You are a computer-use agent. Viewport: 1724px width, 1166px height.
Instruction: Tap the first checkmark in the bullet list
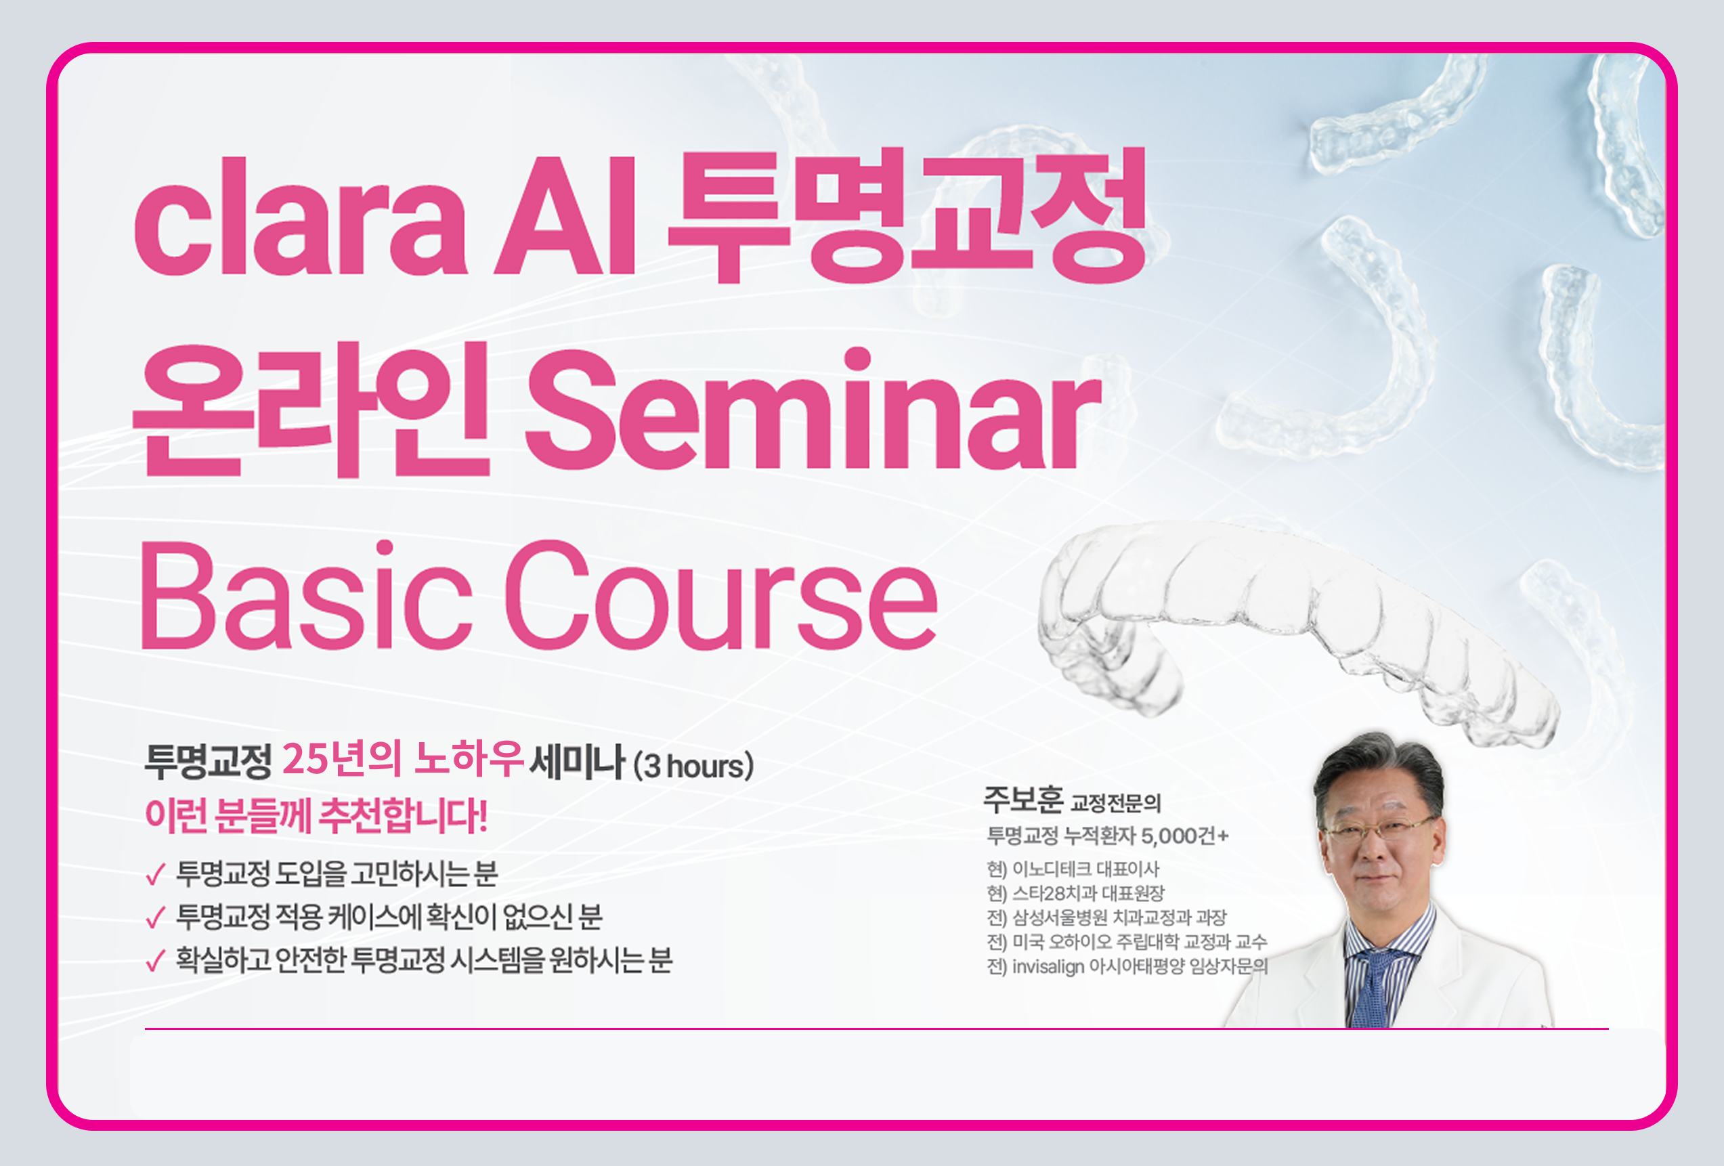[x=155, y=876]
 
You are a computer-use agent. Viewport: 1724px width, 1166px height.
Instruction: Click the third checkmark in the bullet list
[x=155, y=962]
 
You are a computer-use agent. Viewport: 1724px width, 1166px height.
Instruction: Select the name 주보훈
[x=1023, y=800]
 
